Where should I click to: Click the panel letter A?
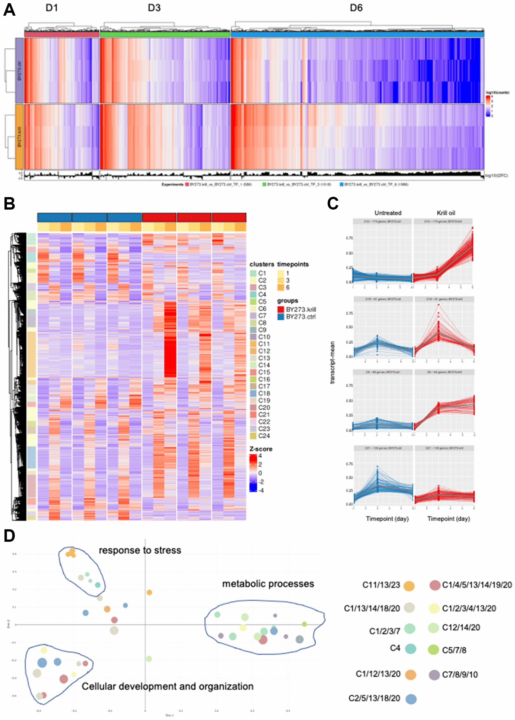click(9, 10)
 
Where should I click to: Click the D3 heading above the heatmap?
click(154, 8)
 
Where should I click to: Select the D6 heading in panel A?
click(356, 8)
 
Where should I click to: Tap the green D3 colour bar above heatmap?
click(165, 34)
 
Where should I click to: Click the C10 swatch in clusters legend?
click(253, 337)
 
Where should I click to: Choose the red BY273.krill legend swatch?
click(281, 309)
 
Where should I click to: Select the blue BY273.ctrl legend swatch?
click(281, 317)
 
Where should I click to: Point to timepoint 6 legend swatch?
click(281, 287)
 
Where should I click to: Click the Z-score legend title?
click(261, 449)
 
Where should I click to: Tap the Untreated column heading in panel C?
click(388, 213)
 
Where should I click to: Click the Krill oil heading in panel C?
click(446, 213)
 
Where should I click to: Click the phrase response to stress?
click(140, 550)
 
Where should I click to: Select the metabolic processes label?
click(268, 584)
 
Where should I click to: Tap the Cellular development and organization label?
click(167, 686)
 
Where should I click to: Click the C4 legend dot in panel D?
click(410, 649)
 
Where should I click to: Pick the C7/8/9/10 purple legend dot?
click(434, 675)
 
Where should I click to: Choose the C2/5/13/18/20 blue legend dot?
click(411, 699)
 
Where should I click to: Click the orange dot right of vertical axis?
click(149, 592)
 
